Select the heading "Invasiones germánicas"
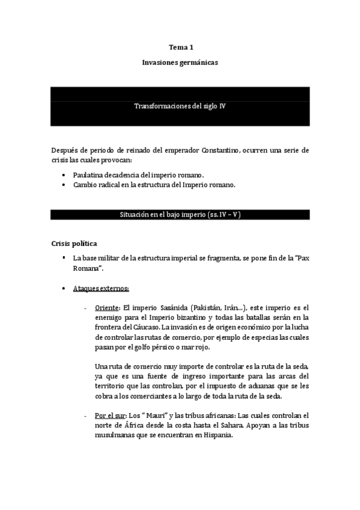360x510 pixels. pos(180,62)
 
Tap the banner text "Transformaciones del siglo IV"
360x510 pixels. pos(180,105)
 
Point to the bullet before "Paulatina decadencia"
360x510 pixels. pos(63,174)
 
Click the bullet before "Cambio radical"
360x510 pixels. pos(63,185)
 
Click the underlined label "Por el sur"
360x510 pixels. pos(111,416)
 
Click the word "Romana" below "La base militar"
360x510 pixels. pos(85,269)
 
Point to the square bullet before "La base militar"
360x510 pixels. pos(63,258)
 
